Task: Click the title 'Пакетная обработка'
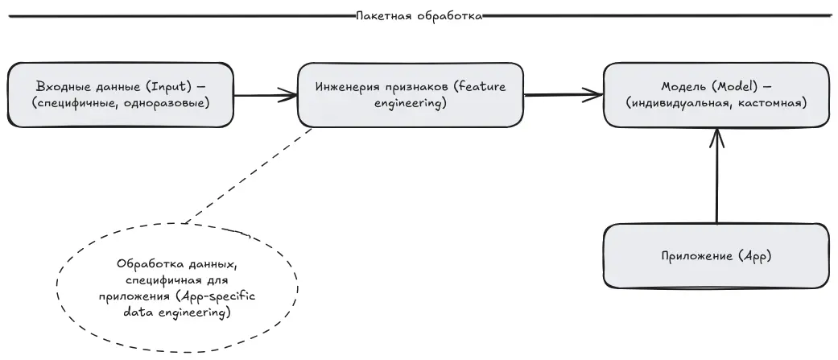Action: coord(419,15)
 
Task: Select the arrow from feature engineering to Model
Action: coord(563,95)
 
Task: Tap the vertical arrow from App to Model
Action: coord(716,177)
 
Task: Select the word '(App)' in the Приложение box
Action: coord(753,257)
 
